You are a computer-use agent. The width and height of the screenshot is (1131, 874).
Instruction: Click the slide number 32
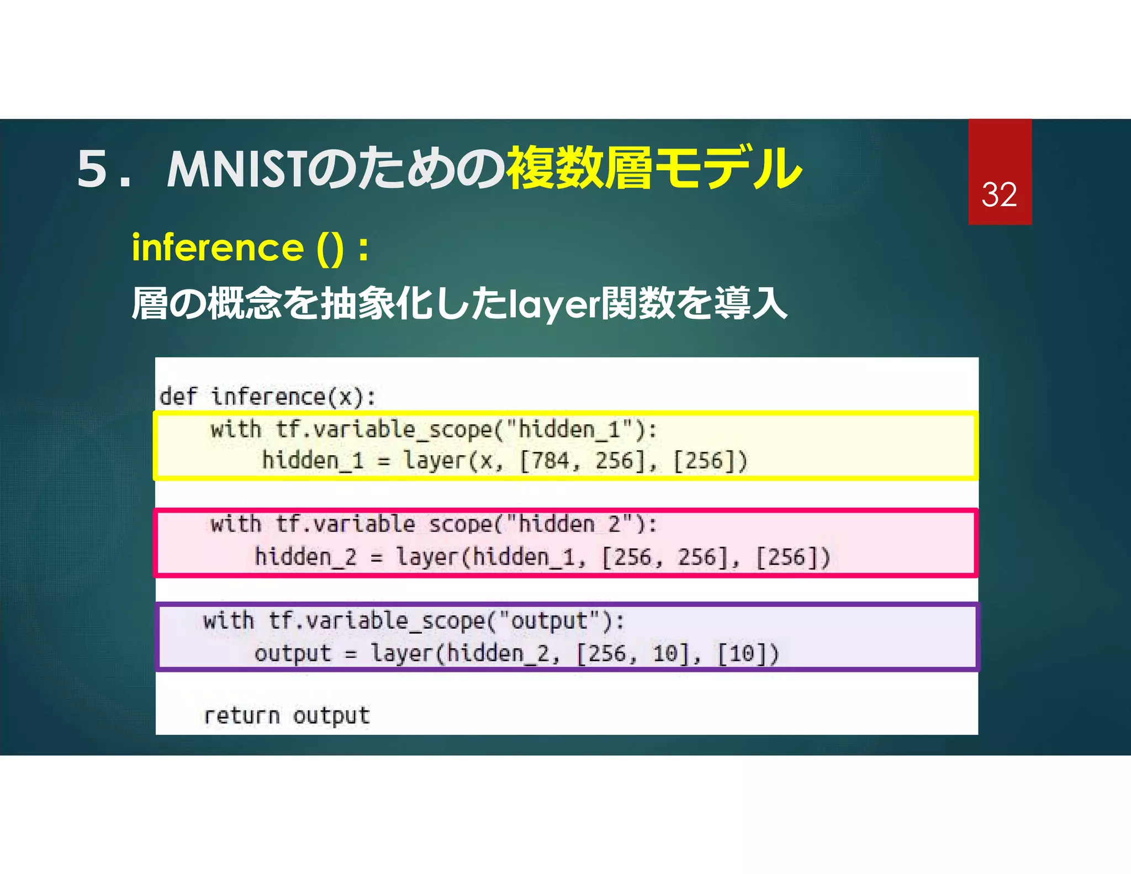pyautogui.click(x=999, y=195)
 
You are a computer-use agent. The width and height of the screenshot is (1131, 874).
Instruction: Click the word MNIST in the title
pyautogui.click(x=236, y=169)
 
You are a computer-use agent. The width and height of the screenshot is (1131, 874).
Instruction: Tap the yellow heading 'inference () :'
pyautogui.click(x=250, y=248)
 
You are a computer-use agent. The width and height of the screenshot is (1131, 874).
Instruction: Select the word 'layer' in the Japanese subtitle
pyautogui.click(x=553, y=304)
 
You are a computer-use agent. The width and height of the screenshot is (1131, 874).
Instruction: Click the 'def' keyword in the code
pyautogui.click(x=178, y=397)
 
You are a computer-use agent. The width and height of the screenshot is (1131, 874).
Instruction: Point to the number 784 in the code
pyautogui.click(x=544, y=461)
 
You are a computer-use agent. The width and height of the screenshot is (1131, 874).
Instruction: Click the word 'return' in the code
pyautogui.click(x=242, y=716)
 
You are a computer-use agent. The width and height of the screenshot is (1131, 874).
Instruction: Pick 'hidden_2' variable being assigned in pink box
pyautogui.click(x=305, y=557)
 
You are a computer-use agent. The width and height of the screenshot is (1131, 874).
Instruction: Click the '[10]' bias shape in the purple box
pyautogui.click(x=748, y=654)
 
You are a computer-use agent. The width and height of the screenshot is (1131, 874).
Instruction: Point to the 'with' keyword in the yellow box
pyautogui.click(x=235, y=430)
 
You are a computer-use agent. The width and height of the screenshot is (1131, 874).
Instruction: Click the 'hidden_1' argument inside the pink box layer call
pyautogui.click(x=523, y=557)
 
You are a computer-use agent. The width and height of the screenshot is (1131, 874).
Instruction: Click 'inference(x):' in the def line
pyautogui.click(x=293, y=397)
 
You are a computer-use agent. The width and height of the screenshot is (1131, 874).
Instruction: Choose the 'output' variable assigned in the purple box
pyautogui.click(x=293, y=654)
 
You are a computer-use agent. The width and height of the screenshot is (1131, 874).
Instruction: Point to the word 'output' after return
pyautogui.click(x=331, y=716)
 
